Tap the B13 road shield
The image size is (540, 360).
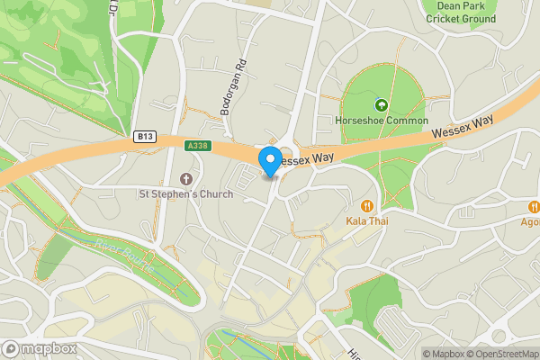tap(145, 137)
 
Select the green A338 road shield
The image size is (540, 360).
tap(198, 145)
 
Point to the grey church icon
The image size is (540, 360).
tap(186, 178)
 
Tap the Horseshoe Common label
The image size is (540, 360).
tap(381, 120)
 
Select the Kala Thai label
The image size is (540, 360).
tap(366, 220)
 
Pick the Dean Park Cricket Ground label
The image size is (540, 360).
tap(459, 12)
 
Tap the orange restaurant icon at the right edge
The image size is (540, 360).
tap(533, 206)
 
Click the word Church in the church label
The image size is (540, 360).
tap(213, 193)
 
